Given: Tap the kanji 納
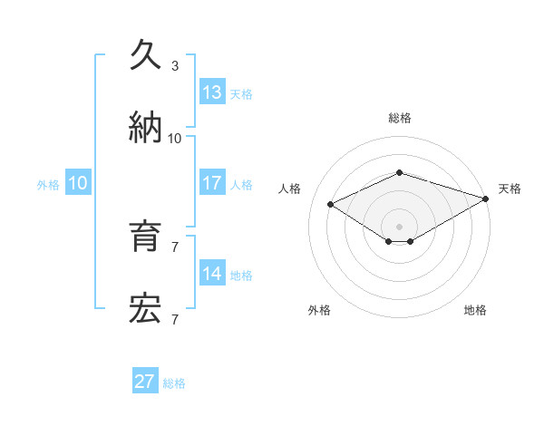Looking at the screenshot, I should click(x=146, y=126).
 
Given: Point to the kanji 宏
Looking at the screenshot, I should click(x=146, y=308).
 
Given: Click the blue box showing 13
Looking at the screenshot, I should click(x=212, y=92).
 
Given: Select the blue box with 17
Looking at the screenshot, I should click(x=212, y=183).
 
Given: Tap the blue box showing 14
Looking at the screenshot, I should click(x=212, y=274).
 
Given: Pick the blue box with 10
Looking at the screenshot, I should click(x=78, y=183).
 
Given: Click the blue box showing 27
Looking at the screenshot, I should click(x=145, y=382).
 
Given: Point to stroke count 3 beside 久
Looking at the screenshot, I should click(x=175, y=66).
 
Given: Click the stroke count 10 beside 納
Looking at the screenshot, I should click(x=175, y=138).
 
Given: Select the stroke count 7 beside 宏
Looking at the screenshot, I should click(x=175, y=319).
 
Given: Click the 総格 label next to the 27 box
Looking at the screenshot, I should click(x=174, y=383).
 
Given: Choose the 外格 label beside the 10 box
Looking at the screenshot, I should click(x=48, y=185).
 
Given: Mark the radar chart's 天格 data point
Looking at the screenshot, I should click(x=487, y=198).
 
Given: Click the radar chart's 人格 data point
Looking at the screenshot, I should click(x=331, y=204).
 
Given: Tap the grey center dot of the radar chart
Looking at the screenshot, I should click(x=399, y=226).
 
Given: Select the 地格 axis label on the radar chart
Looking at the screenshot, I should click(x=475, y=310).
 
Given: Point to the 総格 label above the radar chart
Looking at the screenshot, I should click(x=399, y=118).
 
